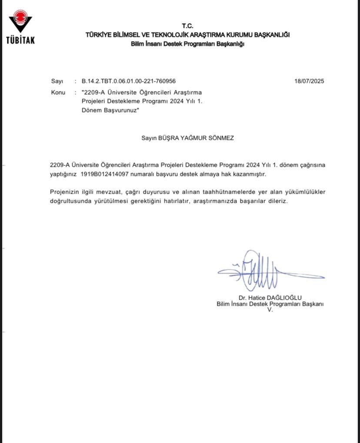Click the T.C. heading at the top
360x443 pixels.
click(x=187, y=26)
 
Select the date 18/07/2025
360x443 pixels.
click(x=309, y=81)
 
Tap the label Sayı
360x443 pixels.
click(x=57, y=81)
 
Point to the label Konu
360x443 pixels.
click(x=58, y=93)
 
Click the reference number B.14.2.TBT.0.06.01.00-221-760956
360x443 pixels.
click(x=128, y=81)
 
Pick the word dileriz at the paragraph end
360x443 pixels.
click(x=278, y=202)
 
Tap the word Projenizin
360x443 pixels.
click(x=65, y=192)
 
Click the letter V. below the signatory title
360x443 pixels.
click(x=270, y=310)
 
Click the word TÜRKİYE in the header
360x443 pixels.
click(x=98, y=35)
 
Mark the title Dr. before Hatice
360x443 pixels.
click(x=243, y=298)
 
